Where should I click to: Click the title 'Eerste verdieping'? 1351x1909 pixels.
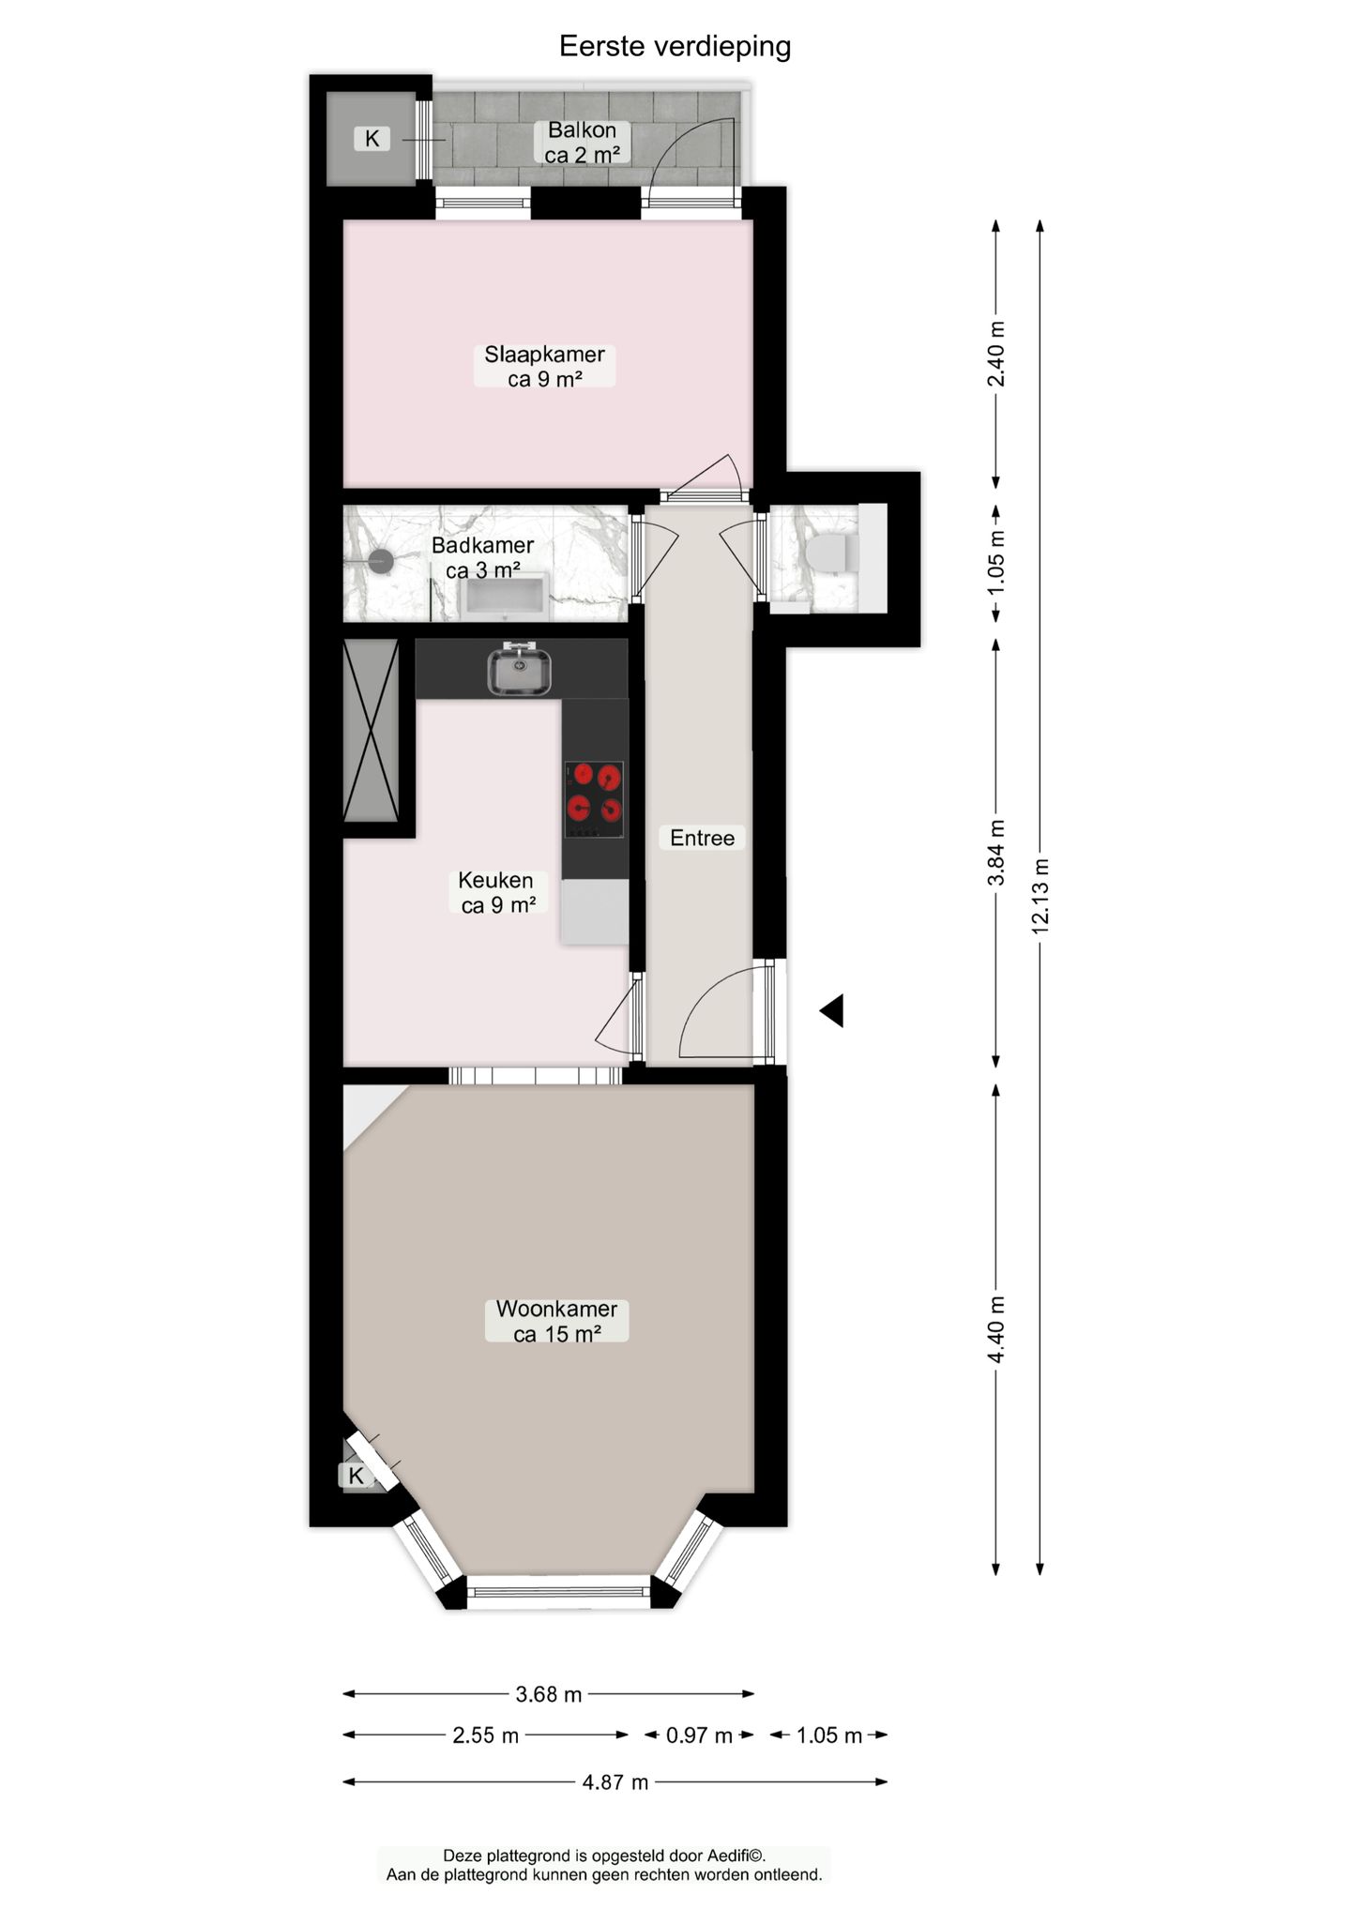coord(675,46)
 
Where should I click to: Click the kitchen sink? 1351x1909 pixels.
coord(519,670)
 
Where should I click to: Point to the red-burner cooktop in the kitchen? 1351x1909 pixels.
coord(595,800)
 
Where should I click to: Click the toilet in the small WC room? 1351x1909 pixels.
coord(830,553)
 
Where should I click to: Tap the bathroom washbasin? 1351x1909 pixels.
coord(505,598)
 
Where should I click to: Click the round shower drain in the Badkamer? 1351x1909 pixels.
coord(380,562)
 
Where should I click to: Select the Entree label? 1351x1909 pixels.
coord(702,838)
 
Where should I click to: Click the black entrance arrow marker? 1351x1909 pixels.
coord(832,1010)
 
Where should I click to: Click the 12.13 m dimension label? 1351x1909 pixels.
coord(1040,895)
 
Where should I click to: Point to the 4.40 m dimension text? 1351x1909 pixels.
coord(996,1330)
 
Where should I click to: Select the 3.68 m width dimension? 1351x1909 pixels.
coord(549,1694)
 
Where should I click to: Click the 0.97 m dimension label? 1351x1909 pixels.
coord(699,1735)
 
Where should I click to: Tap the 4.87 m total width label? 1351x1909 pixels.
coord(615,1781)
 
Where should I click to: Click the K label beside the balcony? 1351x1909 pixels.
coord(372,139)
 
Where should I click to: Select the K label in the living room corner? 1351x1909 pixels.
coord(357,1476)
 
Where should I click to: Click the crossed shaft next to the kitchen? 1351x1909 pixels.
coord(372,731)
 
